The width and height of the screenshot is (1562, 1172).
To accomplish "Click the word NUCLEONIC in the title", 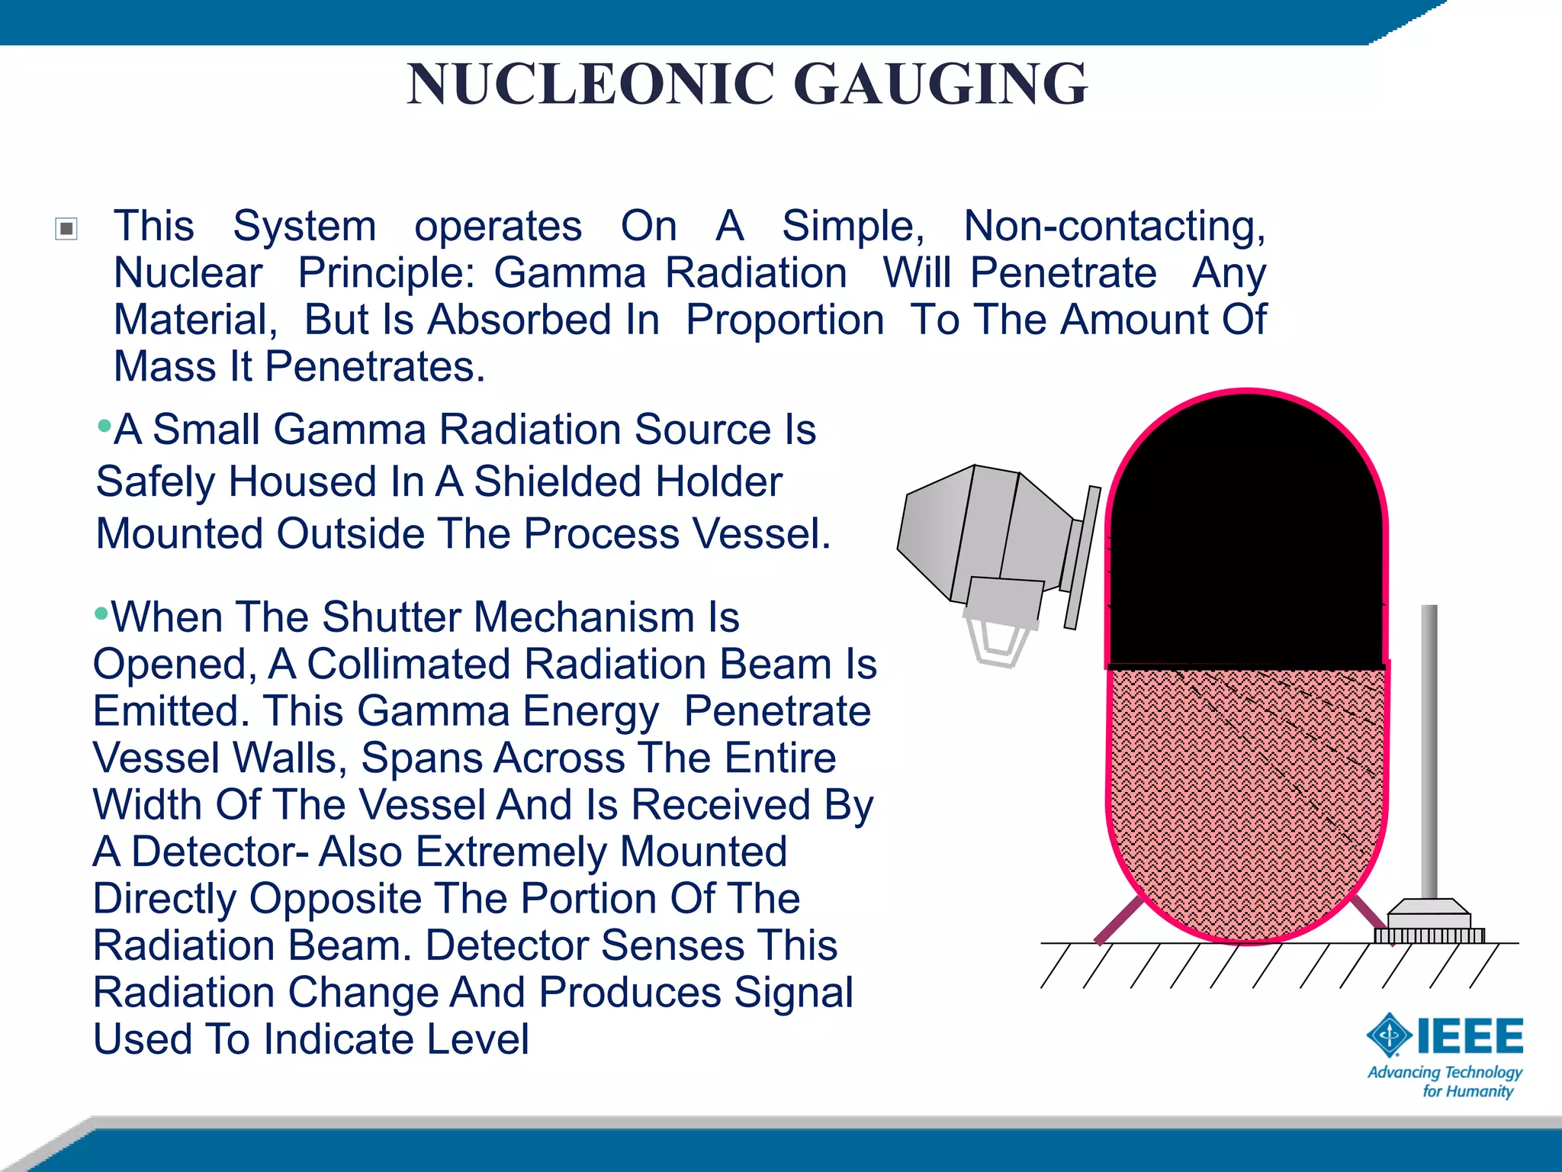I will (590, 84).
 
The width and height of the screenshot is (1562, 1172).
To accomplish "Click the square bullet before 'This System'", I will (67, 228).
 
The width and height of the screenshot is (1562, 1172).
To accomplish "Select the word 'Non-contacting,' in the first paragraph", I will (1114, 227).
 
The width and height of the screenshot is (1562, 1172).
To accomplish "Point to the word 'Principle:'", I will (386, 273).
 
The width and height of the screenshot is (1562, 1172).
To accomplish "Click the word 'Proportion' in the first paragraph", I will (785, 320).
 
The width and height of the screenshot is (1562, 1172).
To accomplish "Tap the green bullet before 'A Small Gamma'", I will (104, 425).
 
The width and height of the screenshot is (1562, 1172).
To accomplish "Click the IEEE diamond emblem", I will (1389, 1035).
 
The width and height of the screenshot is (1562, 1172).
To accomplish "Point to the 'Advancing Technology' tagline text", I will (1445, 1073).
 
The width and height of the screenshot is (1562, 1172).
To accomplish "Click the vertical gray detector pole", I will (1429, 748).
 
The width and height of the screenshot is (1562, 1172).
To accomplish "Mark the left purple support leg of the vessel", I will (1119, 920).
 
